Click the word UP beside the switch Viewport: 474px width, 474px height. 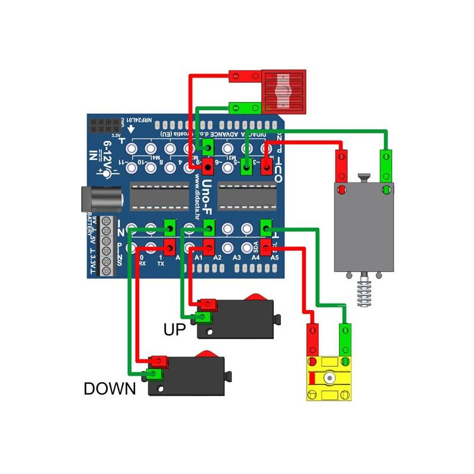[x=175, y=329]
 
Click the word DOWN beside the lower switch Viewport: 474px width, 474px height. [x=110, y=389]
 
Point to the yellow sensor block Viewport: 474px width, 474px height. [x=329, y=379]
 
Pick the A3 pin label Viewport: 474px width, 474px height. [x=236, y=258]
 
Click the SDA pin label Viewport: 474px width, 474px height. [x=255, y=249]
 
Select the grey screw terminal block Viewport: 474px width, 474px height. [x=106, y=246]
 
